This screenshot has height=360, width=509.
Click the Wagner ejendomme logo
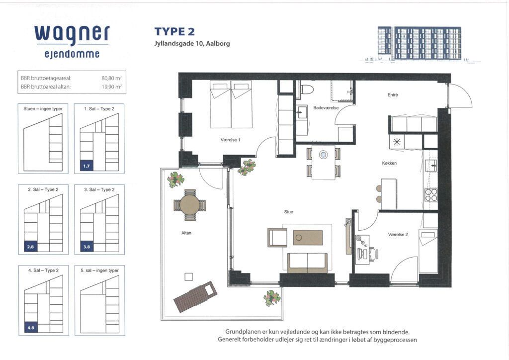(72, 42)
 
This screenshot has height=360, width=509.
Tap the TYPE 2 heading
(174, 31)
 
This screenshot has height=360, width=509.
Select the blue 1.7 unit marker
(86, 166)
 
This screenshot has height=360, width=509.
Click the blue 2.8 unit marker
(30, 247)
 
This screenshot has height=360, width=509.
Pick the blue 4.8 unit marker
(31, 328)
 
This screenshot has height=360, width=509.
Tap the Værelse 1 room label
(230, 140)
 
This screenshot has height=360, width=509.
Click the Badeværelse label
(326, 108)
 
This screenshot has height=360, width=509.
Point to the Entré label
(393, 95)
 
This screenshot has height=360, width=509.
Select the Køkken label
(389, 163)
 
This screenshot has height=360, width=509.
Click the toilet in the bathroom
(306, 89)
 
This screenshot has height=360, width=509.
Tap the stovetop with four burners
(431, 195)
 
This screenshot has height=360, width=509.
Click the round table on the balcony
(190, 205)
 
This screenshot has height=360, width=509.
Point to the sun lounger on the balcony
(195, 296)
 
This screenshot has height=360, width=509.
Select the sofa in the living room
(307, 263)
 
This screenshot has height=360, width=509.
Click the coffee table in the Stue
(308, 238)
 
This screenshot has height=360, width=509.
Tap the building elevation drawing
(420, 44)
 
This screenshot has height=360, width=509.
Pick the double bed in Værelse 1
(231, 104)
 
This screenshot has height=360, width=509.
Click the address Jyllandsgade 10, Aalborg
(192, 43)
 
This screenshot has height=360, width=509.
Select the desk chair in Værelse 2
(374, 254)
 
